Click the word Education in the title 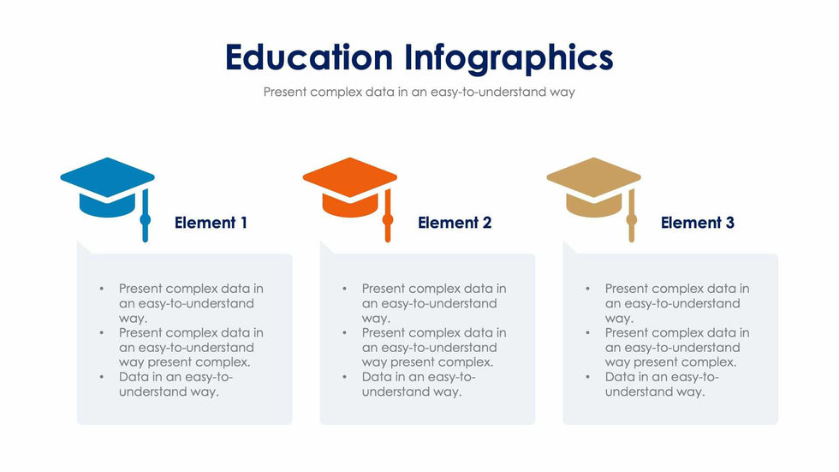pyautogui.click(x=309, y=57)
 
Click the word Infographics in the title pyautogui.click(x=509, y=58)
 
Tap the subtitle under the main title pyautogui.click(x=419, y=92)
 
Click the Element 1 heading pyautogui.click(x=211, y=223)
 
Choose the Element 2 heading pyautogui.click(x=455, y=223)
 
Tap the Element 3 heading pyautogui.click(x=697, y=223)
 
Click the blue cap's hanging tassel pyautogui.click(x=145, y=216)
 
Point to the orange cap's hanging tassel pyautogui.click(x=388, y=216)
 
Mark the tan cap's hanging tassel pyautogui.click(x=632, y=216)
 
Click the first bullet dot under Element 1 pyautogui.click(x=102, y=289)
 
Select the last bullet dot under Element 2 pyautogui.click(x=344, y=377)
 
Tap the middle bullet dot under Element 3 pyautogui.click(x=587, y=333)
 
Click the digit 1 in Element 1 pyautogui.click(x=243, y=223)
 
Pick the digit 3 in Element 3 pyautogui.click(x=729, y=223)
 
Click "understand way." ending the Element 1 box pyautogui.click(x=170, y=391)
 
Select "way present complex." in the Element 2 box pyautogui.click(x=427, y=362)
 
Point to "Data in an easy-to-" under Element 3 pyautogui.click(x=662, y=377)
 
